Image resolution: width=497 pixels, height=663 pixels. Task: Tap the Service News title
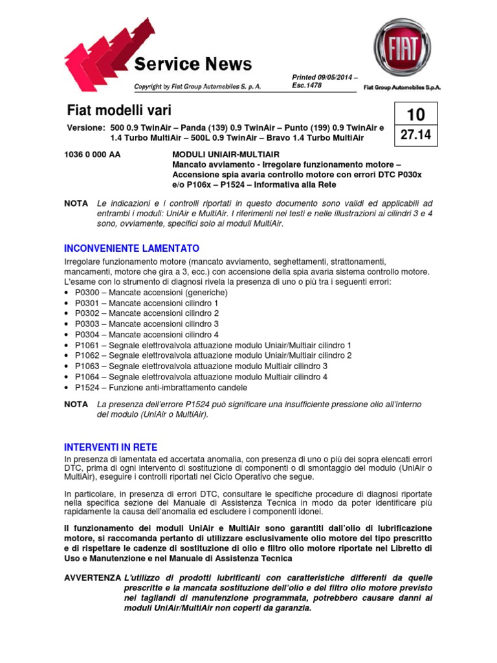[x=192, y=64]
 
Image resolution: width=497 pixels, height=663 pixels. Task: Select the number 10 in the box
[x=415, y=115]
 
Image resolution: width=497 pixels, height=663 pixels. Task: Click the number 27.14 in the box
[x=415, y=135]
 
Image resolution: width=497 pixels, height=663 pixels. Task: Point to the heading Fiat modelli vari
[x=119, y=110]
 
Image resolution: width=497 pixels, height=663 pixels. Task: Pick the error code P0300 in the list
[x=85, y=293]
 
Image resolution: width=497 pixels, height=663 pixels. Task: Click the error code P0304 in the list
[x=85, y=335]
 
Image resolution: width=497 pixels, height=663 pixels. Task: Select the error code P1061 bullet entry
[x=85, y=346]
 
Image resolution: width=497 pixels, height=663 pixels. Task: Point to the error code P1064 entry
[x=85, y=377]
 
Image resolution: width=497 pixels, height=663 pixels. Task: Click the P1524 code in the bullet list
[x=85, y=387]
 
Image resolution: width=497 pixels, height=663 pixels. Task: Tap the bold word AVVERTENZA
[x=93, y=577]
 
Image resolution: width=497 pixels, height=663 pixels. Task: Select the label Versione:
[x=86, y=128]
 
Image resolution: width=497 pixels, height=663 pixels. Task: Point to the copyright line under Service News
[x=197, y=86]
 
